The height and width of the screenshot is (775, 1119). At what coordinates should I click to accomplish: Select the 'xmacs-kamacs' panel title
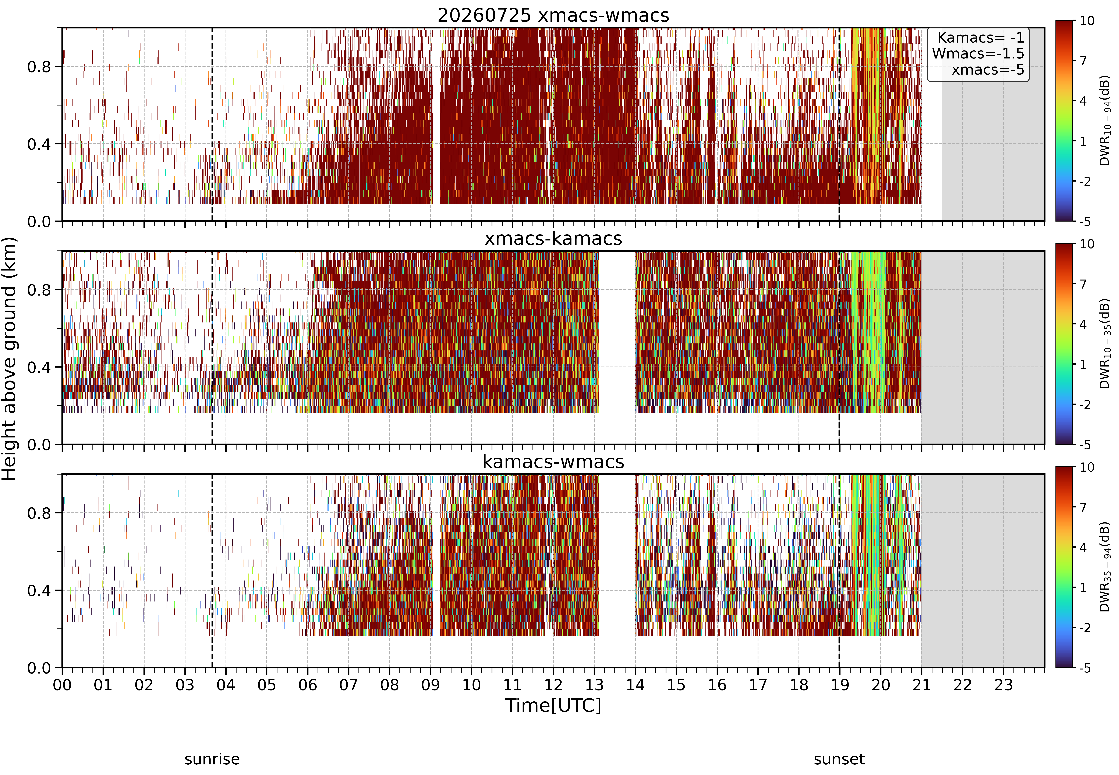click(553, 238)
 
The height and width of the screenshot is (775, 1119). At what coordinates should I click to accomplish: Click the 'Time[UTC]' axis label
click(553, 705)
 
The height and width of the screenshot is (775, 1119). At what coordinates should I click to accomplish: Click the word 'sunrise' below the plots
click(212, 759)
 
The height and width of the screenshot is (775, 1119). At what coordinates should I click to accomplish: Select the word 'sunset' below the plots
click(839, 759)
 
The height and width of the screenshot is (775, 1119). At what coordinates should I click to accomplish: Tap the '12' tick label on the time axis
click(553, 685)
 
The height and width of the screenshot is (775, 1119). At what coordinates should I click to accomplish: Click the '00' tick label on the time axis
click(62, 685)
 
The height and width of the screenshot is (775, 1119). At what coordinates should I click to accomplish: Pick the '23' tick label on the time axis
click(1003, 685)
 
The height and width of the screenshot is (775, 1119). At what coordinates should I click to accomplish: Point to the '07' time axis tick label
click(349, 685)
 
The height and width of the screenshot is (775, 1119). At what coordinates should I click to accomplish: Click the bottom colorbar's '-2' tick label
click(1085, 628)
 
